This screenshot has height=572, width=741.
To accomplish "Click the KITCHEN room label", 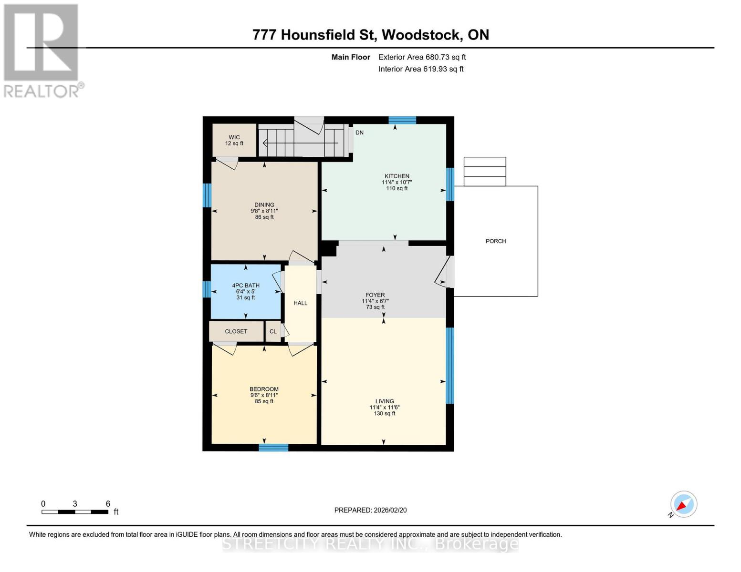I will [397, 176].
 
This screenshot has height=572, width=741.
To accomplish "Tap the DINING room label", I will [264, 205].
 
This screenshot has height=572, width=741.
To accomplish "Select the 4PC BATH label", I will [246, 286].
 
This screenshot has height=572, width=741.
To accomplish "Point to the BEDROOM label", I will [264, 389].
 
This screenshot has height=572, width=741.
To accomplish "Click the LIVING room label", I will [384, 401].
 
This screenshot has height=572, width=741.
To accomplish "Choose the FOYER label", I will [375, 295].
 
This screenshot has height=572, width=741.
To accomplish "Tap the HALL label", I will [300, 303].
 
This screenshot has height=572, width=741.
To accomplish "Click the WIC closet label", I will [234, 137].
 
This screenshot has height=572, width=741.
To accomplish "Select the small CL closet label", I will [273, 331].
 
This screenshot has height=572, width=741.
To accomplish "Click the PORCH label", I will [496, 241].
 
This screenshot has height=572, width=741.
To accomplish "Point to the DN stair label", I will [359, 133].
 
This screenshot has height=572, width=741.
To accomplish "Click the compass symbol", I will [683, 504].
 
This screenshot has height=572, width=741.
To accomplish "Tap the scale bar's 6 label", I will [108, 504].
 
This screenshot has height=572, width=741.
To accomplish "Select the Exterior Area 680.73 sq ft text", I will [422, 57].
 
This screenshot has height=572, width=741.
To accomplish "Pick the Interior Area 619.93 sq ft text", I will [421, 69].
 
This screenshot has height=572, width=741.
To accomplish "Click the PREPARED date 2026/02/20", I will [370, 510].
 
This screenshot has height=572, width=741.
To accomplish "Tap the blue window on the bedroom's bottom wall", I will [273, 448].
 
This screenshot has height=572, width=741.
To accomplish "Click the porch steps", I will [485, 172].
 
